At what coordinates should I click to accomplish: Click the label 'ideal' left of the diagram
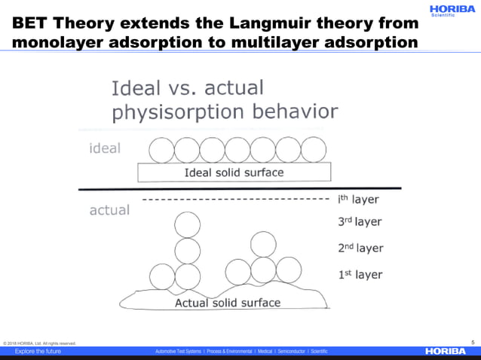[105, 148]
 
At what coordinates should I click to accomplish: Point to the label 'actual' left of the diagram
[109, 210]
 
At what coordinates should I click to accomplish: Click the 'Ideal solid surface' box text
[234, 172]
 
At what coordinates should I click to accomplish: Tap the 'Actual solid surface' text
[228, 303]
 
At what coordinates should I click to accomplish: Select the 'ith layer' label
[357, 200]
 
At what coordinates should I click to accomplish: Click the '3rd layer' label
[360, 222]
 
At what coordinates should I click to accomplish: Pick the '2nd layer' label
[360, 248]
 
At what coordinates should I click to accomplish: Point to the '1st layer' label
[360, 275]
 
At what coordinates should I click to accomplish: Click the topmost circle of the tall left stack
[187, 224]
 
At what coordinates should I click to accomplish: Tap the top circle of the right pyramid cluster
[263, 244]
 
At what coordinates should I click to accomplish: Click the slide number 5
[473, 341]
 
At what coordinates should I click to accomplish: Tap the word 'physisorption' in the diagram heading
[174, 113]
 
